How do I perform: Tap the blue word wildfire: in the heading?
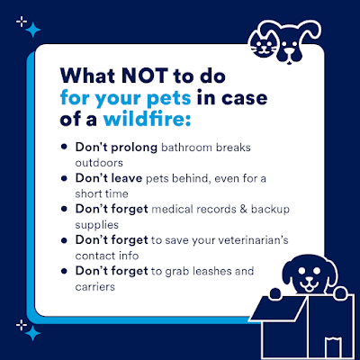(147, 119)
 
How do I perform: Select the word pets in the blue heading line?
(169, 98)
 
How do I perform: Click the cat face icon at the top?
(263, 45)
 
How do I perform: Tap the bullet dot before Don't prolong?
(64, 147)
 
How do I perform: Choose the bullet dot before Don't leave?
(64, 178)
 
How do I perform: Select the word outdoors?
(99, 163)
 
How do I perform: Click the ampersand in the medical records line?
(244, 209)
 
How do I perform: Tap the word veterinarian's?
(253, 240)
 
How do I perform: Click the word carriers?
(94, 287)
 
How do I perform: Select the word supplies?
(97, 225)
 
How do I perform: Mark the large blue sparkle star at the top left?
(33, 30)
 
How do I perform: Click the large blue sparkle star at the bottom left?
(32, 333)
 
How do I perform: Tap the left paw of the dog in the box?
(275, 293)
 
